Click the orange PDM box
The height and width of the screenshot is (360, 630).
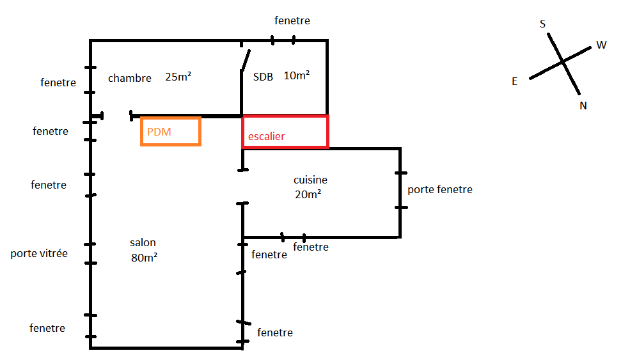171,132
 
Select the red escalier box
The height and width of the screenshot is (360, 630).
285,132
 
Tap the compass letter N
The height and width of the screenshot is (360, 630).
583,106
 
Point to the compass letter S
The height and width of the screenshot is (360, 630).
543,24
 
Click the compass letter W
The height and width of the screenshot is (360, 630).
601,45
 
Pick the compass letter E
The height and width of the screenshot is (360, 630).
514,81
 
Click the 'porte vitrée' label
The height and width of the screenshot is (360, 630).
39,253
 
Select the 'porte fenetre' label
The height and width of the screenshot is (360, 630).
440,189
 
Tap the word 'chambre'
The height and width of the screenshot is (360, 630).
130,78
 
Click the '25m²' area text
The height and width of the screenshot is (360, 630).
178,77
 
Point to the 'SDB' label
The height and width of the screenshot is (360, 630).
263,77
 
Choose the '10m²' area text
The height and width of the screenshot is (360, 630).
297,75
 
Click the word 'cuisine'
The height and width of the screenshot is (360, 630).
310,180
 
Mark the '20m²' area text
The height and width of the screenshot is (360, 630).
308,194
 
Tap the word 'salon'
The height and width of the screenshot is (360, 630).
143,243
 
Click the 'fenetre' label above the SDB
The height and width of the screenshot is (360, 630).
292,20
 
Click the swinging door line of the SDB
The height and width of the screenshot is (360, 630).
244,59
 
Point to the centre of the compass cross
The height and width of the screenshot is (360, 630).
563,61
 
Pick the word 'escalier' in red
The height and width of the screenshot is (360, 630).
267,136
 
